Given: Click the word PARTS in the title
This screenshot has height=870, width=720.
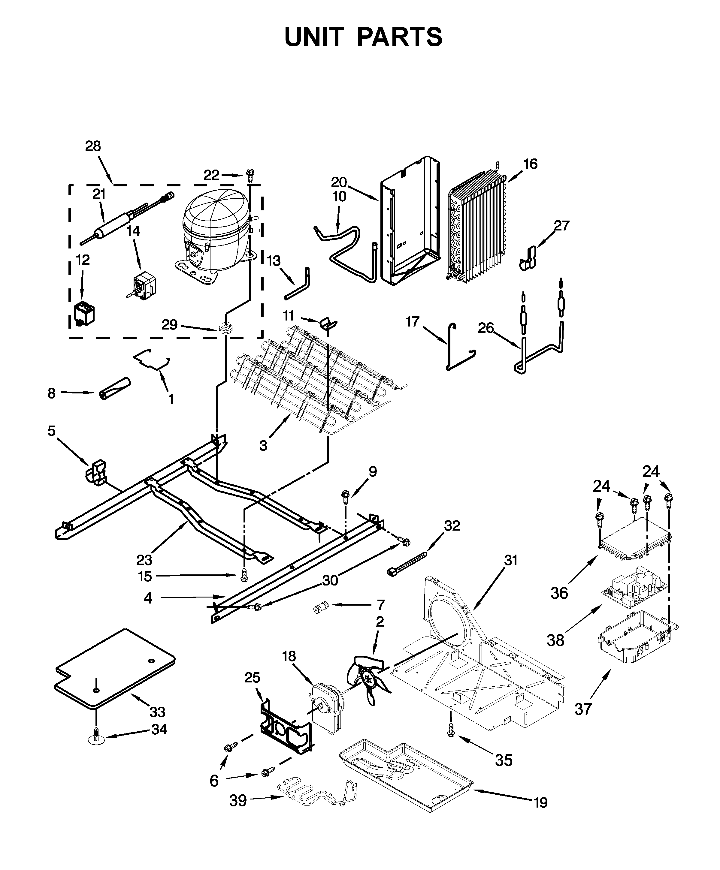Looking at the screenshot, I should pos(399,37).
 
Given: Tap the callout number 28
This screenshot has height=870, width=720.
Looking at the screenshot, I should pos(93,146).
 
